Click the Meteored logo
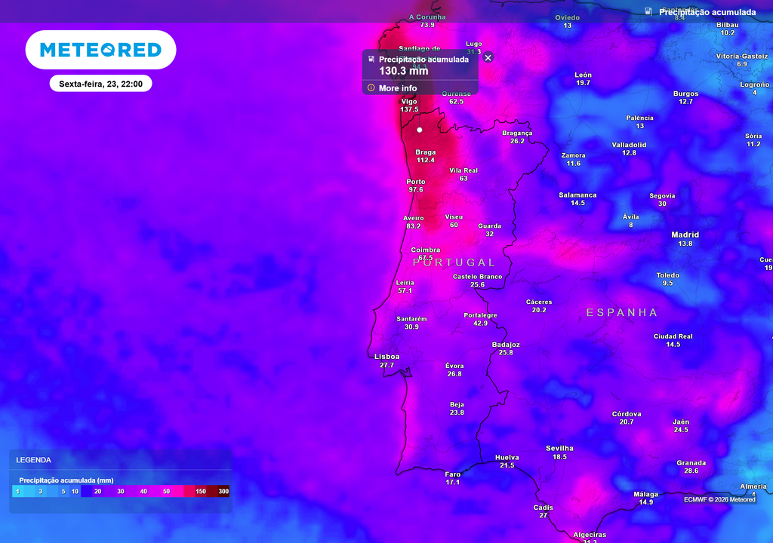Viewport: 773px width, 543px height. pyautogui.click(x=100, y=50)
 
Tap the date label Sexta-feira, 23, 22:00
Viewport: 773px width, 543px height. pyautogui.click(x=101, y=84)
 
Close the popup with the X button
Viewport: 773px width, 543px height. pyautogui.click(x=488, y=57)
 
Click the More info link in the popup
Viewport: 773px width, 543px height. pyautogui.click(x=397, y=88)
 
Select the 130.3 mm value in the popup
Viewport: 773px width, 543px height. pyautogui.click(x=403, y=71)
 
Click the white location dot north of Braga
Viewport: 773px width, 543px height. pyautogui.click(x=420, y=130)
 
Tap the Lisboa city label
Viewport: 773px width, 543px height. pyautogui.click(x=387, y=357)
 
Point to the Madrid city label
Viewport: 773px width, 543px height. pyautogui.click(x=685, y=235)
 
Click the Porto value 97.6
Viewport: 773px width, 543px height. pyautogui.click(x=416, y=190)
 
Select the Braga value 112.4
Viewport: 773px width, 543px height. pyautogui.click(x=426, y=160)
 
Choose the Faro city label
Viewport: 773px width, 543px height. pyautogui.click(x=453, y=474)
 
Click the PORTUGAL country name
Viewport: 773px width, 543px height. pyautogui.click(x=454, y=262)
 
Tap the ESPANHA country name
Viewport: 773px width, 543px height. pyautogui.click(x=622, y=312)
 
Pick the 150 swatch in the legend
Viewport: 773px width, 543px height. pyautogui.click(x=201, y=492)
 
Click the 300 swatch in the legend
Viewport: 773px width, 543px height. pyautogui.click(x=223, y=492)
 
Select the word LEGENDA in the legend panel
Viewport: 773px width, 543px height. pyautogui.click(x=34, y=459)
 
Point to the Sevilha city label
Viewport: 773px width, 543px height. pyautogui.click(x=559, y=448)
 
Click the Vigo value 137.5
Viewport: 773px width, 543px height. pyautogui.click(x=409, y=109)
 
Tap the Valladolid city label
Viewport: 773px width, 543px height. pyautogui.click(x=629, y=144)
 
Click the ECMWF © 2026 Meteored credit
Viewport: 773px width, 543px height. pyautogui.click(x=719, y=499)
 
